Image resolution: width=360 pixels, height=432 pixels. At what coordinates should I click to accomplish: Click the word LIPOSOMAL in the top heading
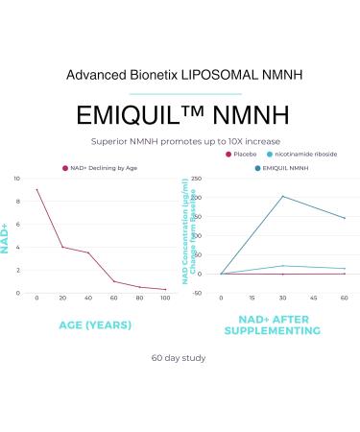[205, 74]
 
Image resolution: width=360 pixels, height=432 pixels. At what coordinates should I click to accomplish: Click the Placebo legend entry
[242, 154]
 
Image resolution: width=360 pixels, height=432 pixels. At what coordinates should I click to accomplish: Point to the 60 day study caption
[179, 358]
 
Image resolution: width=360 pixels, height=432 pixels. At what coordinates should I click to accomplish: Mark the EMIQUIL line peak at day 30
[283, 196]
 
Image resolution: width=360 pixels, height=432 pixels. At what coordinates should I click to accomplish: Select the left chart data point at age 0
[36, 189]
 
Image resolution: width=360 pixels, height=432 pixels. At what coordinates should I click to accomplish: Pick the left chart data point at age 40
[88, 252]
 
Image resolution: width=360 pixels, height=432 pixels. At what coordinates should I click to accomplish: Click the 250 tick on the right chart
[195, 180]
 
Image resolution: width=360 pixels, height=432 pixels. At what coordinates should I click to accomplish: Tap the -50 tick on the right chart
[196, 293]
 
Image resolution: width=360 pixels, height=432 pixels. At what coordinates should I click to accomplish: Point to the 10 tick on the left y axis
[15, 180]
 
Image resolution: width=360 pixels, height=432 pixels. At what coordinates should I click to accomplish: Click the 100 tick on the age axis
[165, 300]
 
